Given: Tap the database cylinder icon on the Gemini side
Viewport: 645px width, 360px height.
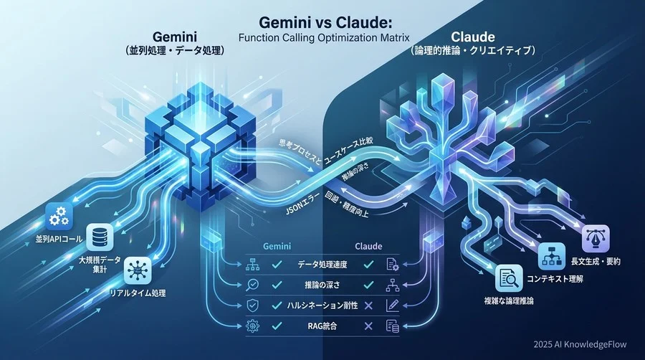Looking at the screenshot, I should pyautogui.click(x=95, y=235).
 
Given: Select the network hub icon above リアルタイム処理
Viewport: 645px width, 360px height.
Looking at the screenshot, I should pyautogui.click(x=135, y=271).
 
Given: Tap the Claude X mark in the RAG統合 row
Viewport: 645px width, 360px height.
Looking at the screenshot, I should pyautogui.click(x=368, y=326).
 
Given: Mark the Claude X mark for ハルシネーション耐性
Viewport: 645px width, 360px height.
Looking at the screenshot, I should pyautogui.click(x=368, y=305).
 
